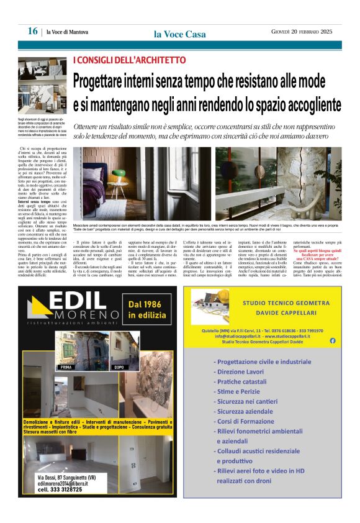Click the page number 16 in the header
click(x=32, y=31)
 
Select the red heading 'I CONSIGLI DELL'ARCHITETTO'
click(x=129, y=60)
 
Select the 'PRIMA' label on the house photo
click(x=66, y=367)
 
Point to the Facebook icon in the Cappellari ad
click(x=332, y=340)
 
